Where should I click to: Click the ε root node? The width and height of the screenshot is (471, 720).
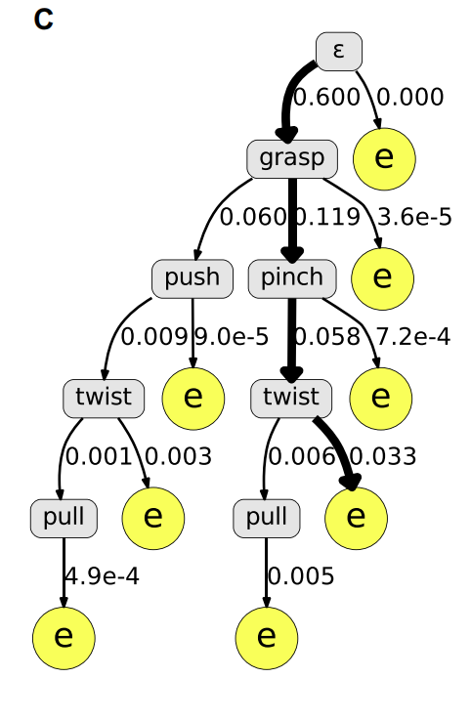(339, 52)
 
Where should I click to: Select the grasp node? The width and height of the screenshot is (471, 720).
(292, 159)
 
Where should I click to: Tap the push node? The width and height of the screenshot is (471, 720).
(193, 278)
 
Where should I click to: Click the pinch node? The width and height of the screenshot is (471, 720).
(292, 278)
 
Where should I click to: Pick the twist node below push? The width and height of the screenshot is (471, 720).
(104, 399)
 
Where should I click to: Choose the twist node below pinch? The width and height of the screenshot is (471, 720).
(291, 399)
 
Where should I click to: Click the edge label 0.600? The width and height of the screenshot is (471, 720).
(326, 98)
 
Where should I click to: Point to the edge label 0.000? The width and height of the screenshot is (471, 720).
(410, 98)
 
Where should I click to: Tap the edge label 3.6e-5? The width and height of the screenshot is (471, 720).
(414, 217)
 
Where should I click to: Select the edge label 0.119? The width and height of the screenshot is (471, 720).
(326, 217)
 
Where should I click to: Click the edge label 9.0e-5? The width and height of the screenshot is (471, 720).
(232, 337)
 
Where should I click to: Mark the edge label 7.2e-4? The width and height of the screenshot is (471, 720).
(413, 337)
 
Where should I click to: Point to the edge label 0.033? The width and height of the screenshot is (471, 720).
(383, 457)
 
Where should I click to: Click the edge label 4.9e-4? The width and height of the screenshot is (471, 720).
(102, 576)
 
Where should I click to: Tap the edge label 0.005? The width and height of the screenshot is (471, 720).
(301, 576)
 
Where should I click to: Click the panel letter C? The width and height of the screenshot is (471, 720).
(44, 20)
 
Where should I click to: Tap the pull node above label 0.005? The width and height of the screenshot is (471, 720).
(267, 519)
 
